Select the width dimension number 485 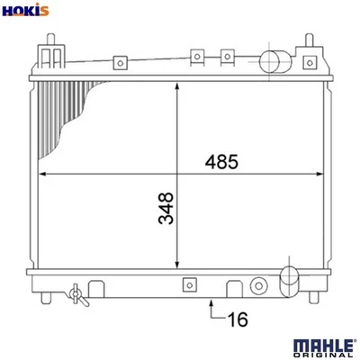(x=220, y=162)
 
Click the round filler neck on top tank (x=273, y=62)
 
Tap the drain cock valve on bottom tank (x=76, y=293)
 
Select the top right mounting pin (x=310, y=43)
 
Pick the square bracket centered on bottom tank (x=189, y=286)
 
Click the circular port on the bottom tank (x=259, y=287)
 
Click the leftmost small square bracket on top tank (x=118, y=63)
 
